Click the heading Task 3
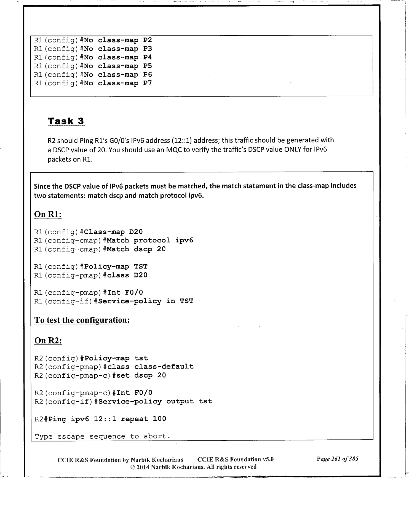click(66, 121)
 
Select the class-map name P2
click(148, 40)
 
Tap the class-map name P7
click(148, 83)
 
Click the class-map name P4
click(148, 57)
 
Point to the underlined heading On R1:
click(47, 214)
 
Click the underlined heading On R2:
click(48, 340)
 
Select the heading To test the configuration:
click(82, 320)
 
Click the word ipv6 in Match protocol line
click(184, 240)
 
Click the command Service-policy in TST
click(146, 301)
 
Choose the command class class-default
click(150, 367)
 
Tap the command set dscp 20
click(141, 375)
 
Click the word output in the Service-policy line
click(180, 401)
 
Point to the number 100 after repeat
click(159, 419)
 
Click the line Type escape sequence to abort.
click(102, 436)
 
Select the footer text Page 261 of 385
click(337, 459)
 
